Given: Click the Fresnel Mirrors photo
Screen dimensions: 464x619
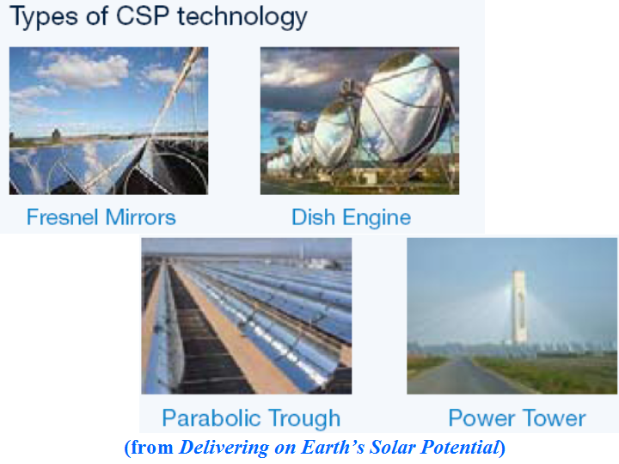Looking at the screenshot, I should point(108,120).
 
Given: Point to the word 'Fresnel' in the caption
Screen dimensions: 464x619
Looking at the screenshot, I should point(64,217).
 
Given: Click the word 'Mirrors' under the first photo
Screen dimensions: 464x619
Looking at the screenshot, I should point(140,217).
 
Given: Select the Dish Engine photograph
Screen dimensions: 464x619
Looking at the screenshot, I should point(359,120).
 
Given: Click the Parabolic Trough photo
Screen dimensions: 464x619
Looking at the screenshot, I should point(246,315).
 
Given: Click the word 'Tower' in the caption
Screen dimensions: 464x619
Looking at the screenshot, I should point(554,418).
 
